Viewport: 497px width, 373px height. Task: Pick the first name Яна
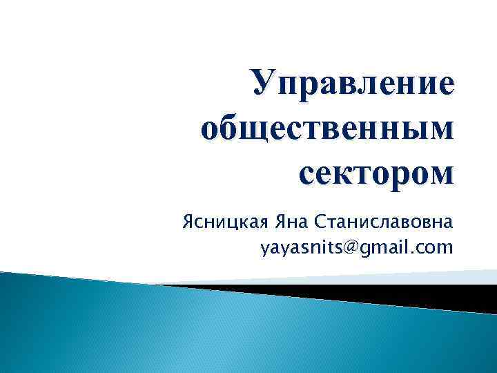(290, 223)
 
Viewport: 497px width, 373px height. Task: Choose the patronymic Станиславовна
(383, 223)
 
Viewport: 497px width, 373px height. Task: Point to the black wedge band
(387, 295)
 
